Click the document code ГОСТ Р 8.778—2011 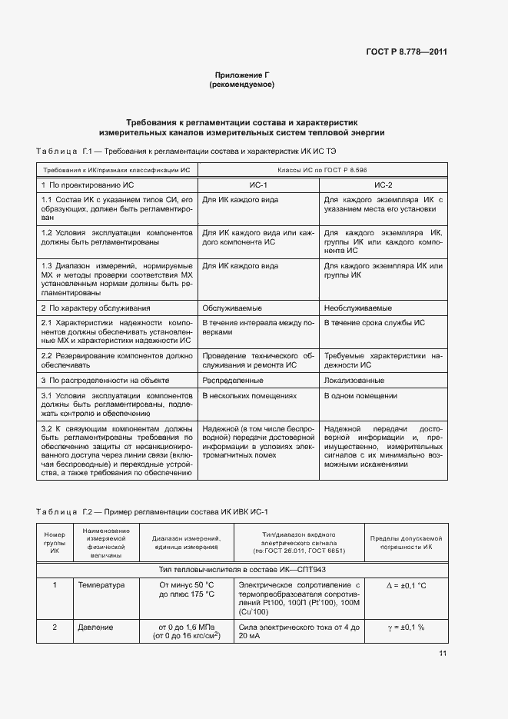coord(407,52)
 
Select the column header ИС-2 coord(383,185)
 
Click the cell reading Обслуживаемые coord(227,308)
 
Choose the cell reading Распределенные coord(233,380)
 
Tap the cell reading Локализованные coord(354,380)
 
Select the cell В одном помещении coord(360,395)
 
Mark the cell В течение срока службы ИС coord(374,323)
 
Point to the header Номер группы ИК coord(55,541)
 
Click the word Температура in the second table coord(101,585)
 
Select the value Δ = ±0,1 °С coord(407,585)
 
